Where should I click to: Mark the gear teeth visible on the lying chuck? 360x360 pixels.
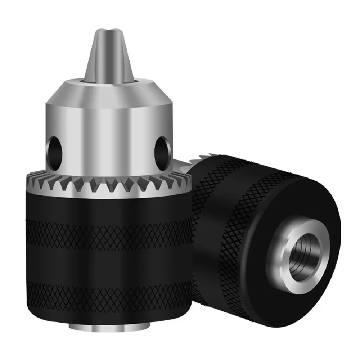pos(202,160)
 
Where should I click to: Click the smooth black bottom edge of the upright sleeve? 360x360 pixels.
pos(108,313)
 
